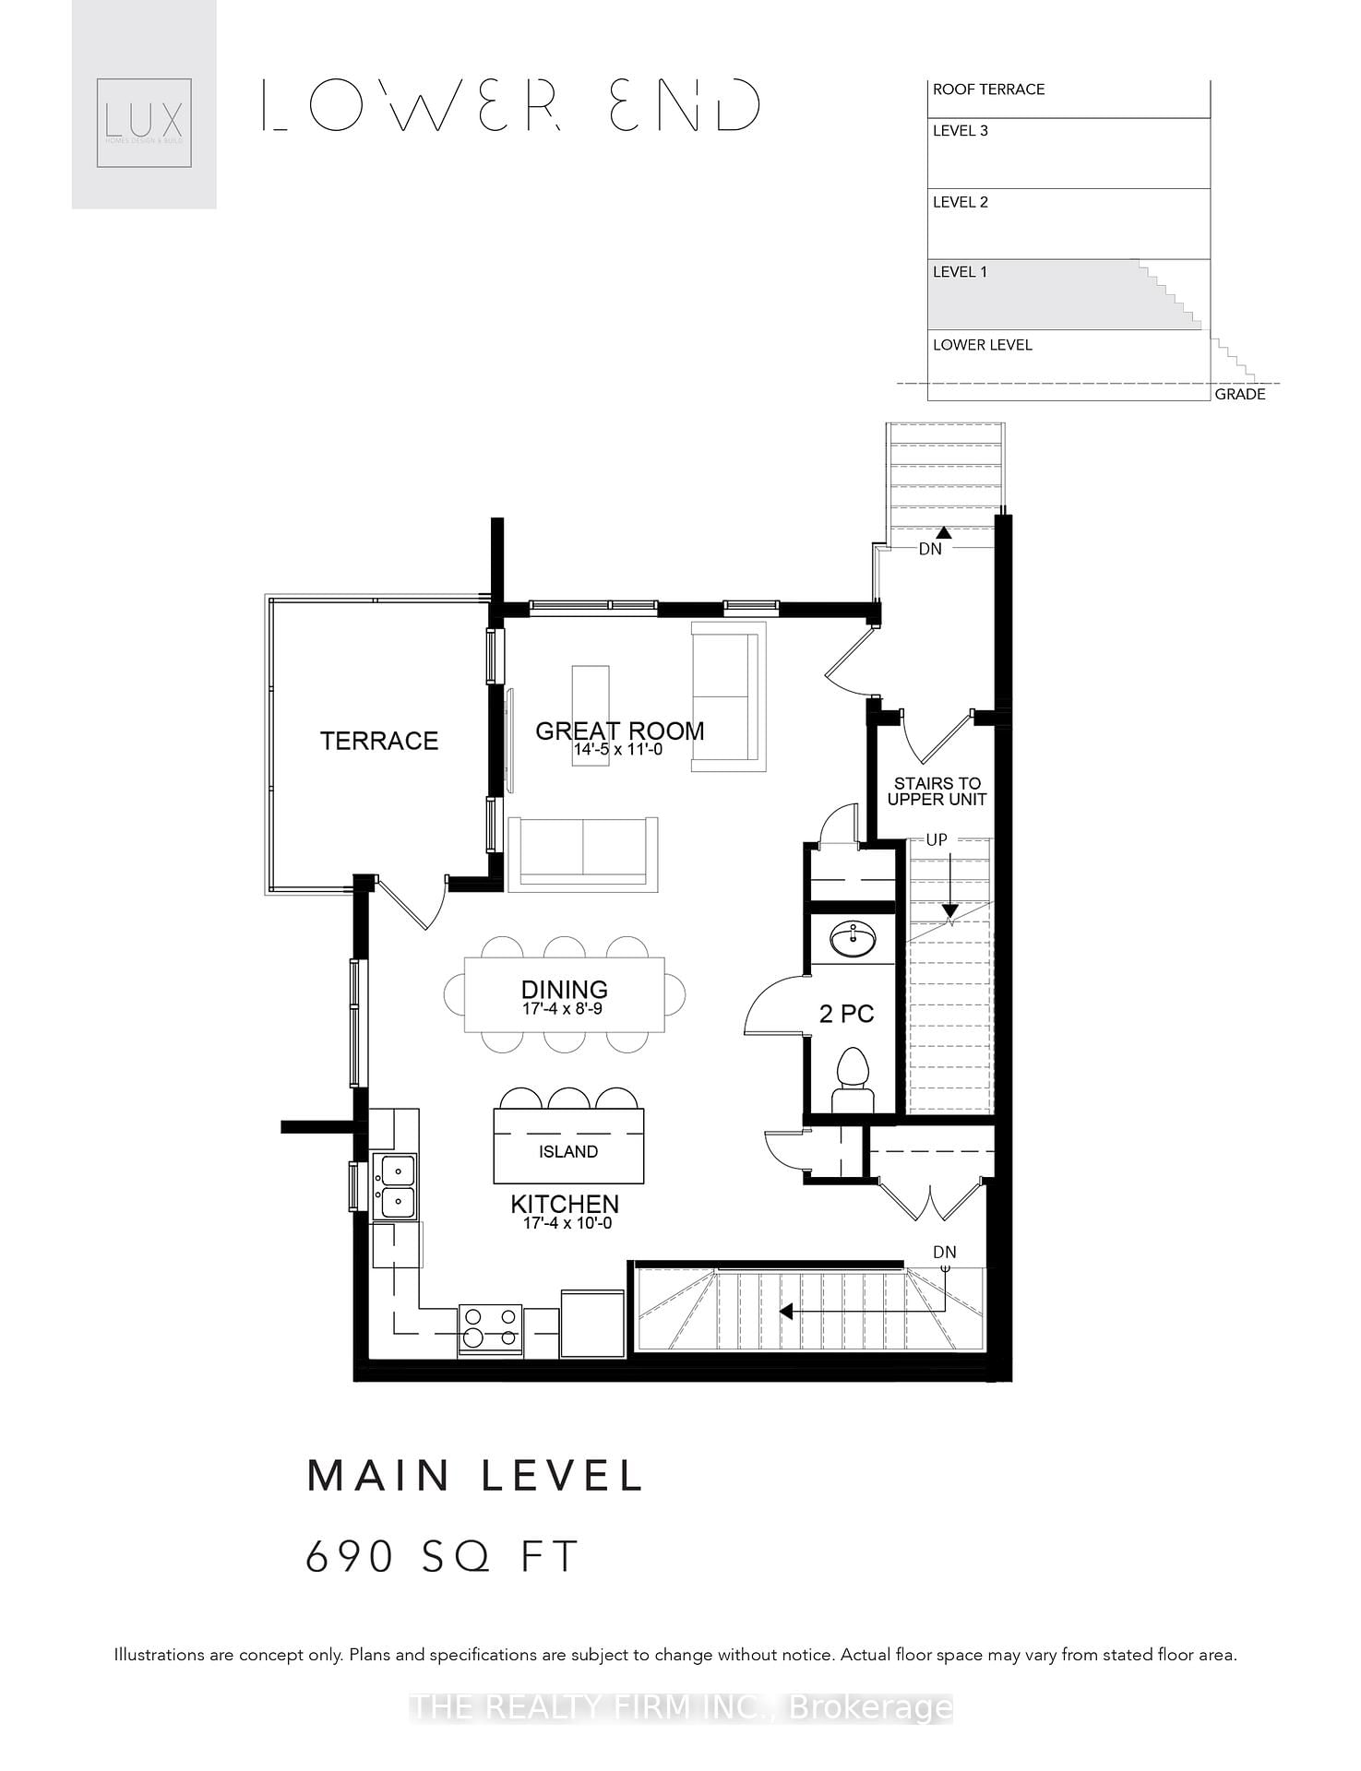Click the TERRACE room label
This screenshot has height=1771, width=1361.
pyautogui.click(x=378, y=741)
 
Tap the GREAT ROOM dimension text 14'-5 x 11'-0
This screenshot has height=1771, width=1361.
pyautogui.click(x=618, y=750)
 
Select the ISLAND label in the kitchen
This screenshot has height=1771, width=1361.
pyautogui.click(x=568, y=1151)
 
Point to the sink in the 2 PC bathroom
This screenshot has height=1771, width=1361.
pyautogui.click(x=854, y=939)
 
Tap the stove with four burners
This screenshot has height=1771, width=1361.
pyautogui.click(x=490, y=1329)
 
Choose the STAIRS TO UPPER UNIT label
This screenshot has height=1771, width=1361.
pyautogui.click(x=937, y=791)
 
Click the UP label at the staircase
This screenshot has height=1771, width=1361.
pyautogui.click(x=937, y=840)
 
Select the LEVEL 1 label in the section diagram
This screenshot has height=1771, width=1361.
pyautogui.click(x=960, y=272)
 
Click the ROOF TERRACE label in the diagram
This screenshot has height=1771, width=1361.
pyautogui.click(x=988, y=89)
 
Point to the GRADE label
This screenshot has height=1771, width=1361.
pyautogui.click(x=1239, y=395)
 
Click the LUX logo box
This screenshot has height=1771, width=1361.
pyautogui.click(x=144, y=123)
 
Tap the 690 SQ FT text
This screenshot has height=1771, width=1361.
pyautogui.click(x=442, y=1557)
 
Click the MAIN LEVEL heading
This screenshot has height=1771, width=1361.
pyautogui.click(x=475, y=1476)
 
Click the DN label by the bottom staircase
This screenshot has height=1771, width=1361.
pyautogui.click(x=944, y=1253)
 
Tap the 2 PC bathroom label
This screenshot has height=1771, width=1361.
pyautogui.click(x=846, y=1014)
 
